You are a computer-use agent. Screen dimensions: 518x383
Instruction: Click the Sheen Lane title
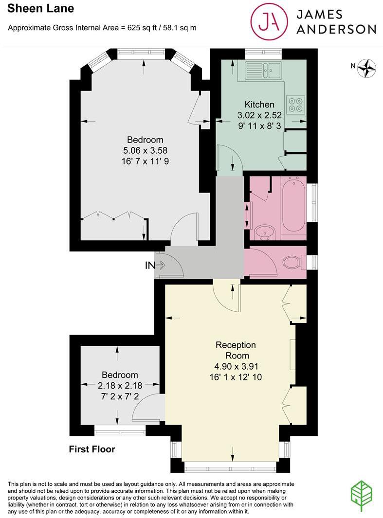[x=41, y=8]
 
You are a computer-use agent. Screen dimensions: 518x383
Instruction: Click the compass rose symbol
[x=367, y=68]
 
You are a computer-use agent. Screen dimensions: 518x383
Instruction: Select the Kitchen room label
[x=259, y=105]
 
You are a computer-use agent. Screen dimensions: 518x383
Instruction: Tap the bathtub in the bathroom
[x=293, y=207]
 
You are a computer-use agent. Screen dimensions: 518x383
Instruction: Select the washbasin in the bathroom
[x=266, y=233]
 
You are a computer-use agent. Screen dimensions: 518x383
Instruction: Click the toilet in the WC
[x=293, y=263]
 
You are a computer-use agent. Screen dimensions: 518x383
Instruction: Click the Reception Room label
[x=236, y=350]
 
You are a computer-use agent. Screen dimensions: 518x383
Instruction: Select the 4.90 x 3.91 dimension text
[x=236, y=366]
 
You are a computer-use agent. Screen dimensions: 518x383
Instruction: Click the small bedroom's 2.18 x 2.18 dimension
[x=120, y=385]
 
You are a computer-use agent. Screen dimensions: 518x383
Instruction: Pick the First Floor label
[x=92, y=449]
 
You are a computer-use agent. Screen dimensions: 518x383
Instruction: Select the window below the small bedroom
[x=120, y=429]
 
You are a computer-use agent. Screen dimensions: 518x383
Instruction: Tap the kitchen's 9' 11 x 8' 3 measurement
[x=259, y=125]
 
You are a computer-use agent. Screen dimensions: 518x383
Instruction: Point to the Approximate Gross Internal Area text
[x=102, y=28]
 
